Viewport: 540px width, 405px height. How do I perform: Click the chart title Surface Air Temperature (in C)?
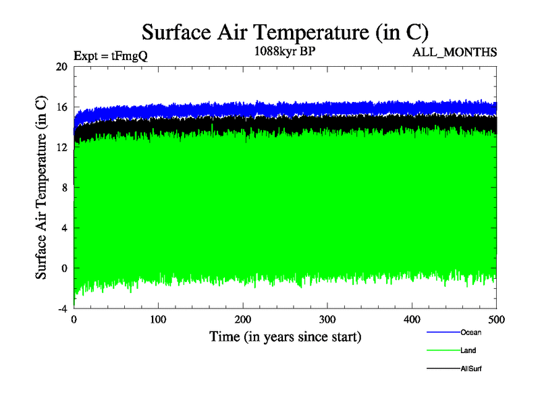(285, 32)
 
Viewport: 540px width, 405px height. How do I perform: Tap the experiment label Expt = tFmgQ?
(110, 57)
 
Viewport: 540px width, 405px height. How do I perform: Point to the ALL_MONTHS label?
(454, 51)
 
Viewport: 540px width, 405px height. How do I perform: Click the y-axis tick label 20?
(61, 67)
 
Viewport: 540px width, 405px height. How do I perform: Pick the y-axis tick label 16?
(61, 107)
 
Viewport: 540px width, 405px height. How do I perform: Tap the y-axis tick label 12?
(61, 147)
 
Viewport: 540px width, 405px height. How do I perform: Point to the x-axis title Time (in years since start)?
(285, 336)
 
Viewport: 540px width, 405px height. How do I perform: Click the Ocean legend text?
(470, 332)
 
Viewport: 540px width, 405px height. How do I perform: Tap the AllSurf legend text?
(471, 369)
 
